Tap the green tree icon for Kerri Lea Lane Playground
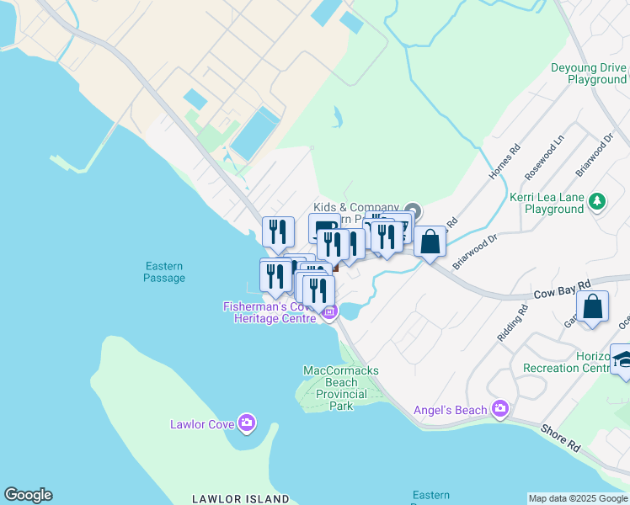coord(597,201)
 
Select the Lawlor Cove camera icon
coord(247,423)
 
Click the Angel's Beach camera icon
coord(501,409)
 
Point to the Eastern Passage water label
coord(163,272)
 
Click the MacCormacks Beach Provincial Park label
coord(341,388)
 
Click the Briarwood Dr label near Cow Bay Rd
coord(475,250)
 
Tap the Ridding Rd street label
coord(512,322)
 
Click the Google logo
coord(28,495)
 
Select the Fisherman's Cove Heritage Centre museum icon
coord(329,313)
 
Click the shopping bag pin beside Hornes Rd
coord(430,242)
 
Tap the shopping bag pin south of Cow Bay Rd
coord(593,307)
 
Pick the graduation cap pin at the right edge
coord(622,359)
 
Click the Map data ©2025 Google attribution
coord(579,498)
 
